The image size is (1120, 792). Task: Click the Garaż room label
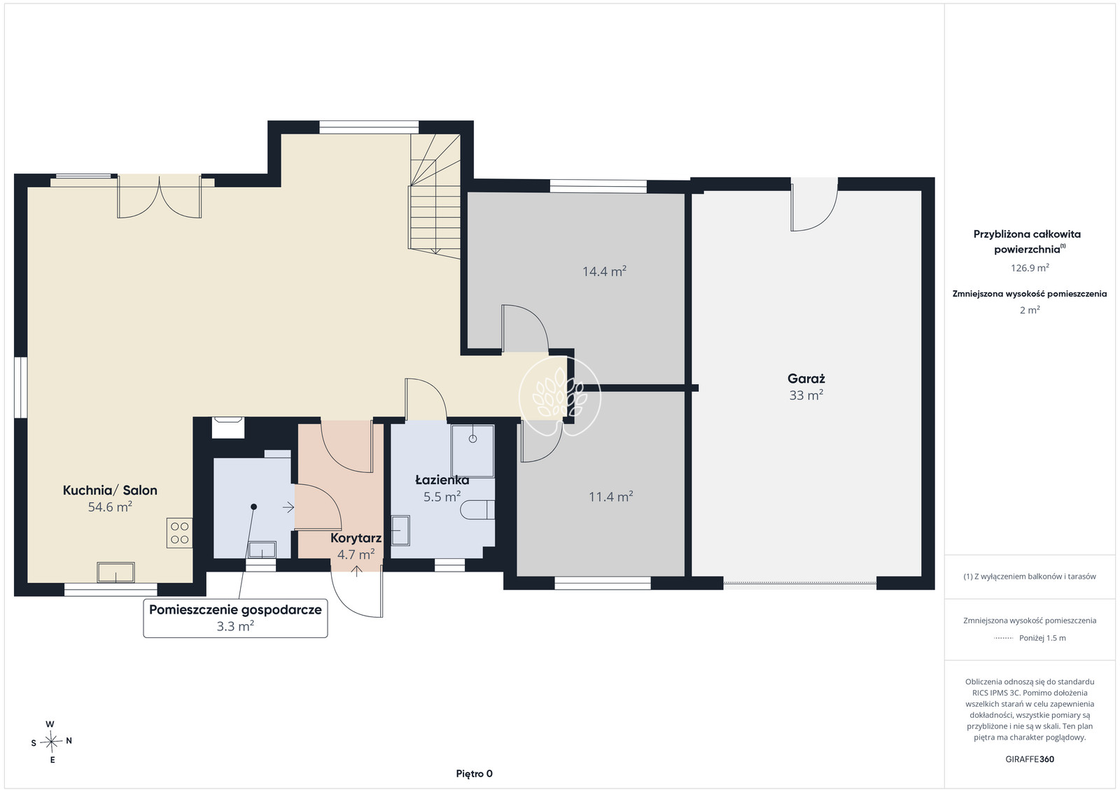click(806, 379)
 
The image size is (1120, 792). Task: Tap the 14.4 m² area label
click(604, 271)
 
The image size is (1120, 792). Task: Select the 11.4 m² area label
click(610, 497)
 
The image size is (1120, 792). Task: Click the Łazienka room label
click(442, 480)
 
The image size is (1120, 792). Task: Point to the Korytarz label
click(356, 538)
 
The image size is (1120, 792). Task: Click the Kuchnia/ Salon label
click(110, 490)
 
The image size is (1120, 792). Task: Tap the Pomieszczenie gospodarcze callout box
click(235, 618)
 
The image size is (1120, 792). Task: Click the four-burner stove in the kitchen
click(179, 532)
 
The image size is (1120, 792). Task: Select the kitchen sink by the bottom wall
click(115, 572)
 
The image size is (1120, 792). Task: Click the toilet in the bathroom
click(477, 509)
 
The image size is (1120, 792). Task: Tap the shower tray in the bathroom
click(472, 451)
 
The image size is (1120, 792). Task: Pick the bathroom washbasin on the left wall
click(400, 530)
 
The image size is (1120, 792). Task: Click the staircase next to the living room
click(435, 196)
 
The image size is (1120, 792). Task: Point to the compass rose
click(52, 742)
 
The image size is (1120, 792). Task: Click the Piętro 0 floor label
click(474, 774)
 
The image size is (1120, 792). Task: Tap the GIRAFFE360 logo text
click(1030, 759)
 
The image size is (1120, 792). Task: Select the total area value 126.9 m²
click(1030, 268)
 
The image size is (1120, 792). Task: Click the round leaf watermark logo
click(559, 396)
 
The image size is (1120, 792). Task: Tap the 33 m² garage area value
click(806, 395)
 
